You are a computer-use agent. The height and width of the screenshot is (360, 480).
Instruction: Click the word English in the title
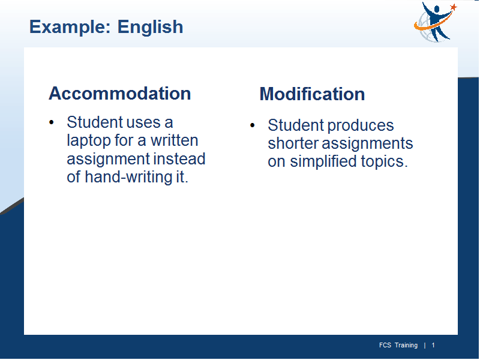click(x=151, y=26)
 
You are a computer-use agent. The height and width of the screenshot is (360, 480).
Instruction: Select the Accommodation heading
click(x=119, y=93)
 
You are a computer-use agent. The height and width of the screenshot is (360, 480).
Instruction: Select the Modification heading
click(x=312, y=94)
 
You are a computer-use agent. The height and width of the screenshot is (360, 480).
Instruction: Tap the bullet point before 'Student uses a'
click(x=52, y=122)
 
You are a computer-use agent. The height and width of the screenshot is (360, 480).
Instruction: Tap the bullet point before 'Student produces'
click(x=252, y=125)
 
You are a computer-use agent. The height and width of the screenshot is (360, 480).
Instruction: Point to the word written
click(x=174, y=140)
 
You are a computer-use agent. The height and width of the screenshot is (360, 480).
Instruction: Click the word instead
click(x=179, y=159)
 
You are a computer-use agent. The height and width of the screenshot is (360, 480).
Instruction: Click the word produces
click(x=361, y=126)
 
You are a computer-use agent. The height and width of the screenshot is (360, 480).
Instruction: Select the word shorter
click(x=293, y=143)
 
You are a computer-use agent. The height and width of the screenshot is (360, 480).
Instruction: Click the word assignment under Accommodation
click(x=109, y=160)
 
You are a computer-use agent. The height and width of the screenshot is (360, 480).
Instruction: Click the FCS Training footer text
click(x=398, y=346)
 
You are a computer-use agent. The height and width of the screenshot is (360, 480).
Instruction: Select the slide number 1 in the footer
click(x=433, y=346)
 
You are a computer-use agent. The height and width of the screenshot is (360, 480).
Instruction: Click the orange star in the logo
click(x=454, y=7)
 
